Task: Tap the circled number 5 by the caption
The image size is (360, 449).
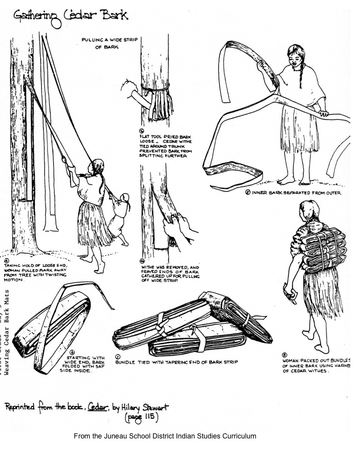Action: (x=248, y=192)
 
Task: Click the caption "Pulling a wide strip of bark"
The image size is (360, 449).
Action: (x=109, y=43)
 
